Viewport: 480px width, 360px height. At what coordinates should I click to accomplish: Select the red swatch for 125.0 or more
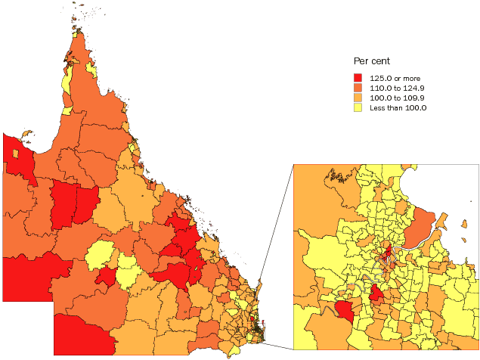(x=358, y=78)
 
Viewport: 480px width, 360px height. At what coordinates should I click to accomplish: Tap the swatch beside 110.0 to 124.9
(x=358, y=88)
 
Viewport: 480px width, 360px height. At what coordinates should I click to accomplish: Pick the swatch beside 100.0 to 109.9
(x=358, y=98)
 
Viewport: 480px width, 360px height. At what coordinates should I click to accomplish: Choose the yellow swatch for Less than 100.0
(x=358, y=107)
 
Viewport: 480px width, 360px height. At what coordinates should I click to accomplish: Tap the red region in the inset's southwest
(x=344, y=311)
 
